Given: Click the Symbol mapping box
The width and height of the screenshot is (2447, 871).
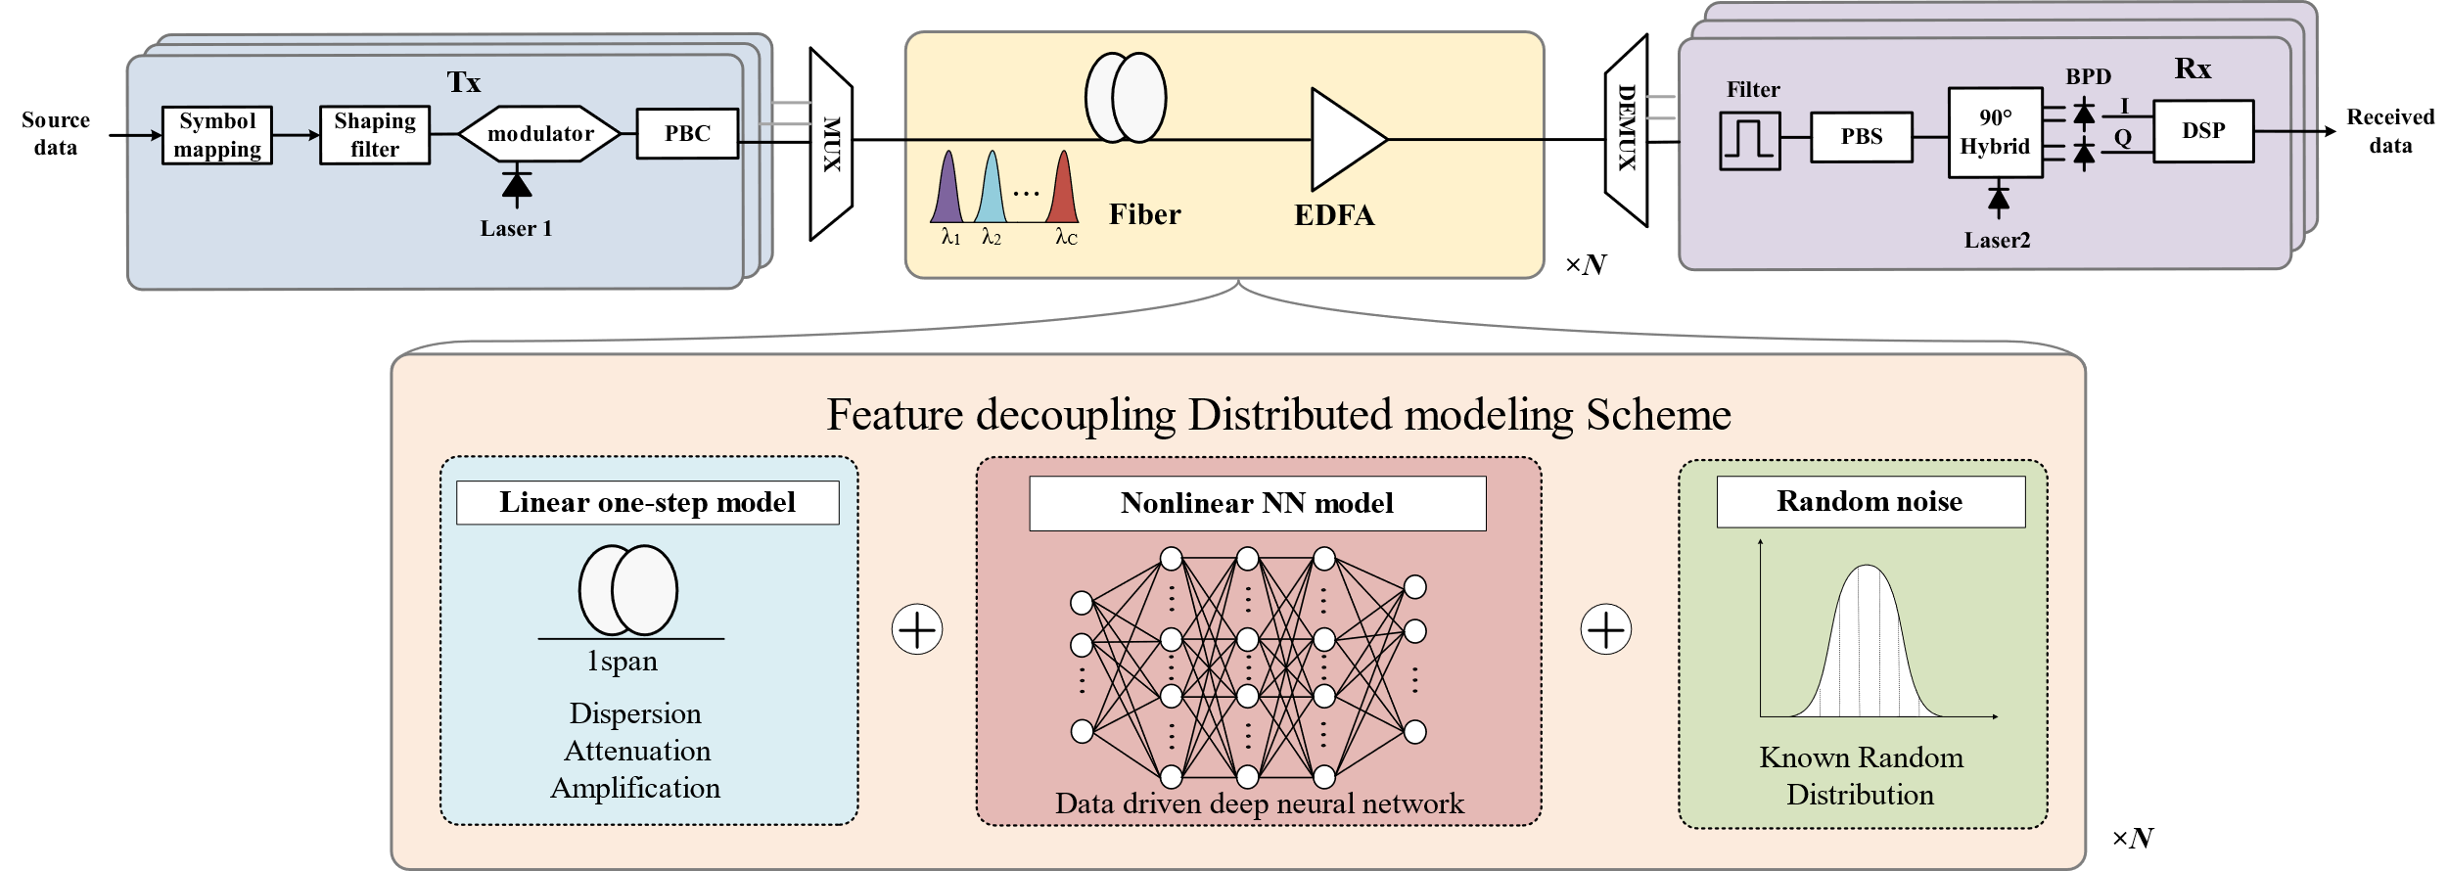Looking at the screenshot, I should click(216, 135).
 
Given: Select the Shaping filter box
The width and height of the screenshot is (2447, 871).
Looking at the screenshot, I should click(375, 135).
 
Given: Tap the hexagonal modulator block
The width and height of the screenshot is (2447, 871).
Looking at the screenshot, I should click(540, 134).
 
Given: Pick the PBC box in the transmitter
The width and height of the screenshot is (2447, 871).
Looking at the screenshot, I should click(687, 133).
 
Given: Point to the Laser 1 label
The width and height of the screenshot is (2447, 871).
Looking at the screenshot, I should click(516, 229).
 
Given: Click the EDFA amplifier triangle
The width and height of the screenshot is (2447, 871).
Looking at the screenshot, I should click(1343, 140).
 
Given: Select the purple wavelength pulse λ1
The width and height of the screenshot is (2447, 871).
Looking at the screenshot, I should click(947, 190).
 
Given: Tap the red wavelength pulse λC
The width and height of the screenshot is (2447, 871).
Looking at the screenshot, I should click(1063, 190).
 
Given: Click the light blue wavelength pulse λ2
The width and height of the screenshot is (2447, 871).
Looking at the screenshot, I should click(992, 190).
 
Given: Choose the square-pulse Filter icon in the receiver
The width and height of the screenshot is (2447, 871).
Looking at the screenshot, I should click(1749, 141).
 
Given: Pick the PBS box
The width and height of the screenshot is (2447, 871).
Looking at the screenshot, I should click(1861, 137).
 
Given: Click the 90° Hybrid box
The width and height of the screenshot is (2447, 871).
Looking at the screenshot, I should click(1995, 133).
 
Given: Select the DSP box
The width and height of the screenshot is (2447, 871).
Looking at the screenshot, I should click(2203, 131).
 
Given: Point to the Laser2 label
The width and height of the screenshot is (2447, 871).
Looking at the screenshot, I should click(1997, 241).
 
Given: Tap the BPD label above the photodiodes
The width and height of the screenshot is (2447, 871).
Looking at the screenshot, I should click(2088, 77).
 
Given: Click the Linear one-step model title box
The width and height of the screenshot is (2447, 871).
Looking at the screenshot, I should click(647, 503).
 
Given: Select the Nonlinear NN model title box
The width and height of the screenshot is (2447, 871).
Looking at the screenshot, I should click(1257, 504).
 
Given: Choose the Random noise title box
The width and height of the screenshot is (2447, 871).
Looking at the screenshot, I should click(1870, 502).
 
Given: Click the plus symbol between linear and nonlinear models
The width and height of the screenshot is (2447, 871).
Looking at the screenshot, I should click(917, 629).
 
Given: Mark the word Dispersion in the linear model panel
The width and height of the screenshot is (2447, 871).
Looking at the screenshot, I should click(635, 713).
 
